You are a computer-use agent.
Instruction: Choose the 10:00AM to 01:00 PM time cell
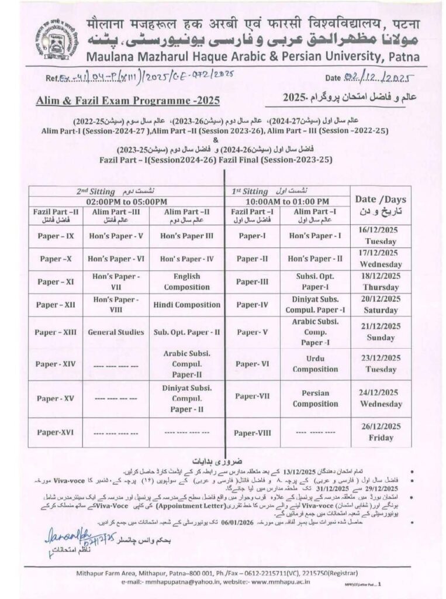click(x=288, y=201)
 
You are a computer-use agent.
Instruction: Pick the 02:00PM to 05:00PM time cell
click(x=126, y=201)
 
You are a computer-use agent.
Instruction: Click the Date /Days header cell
click(x=381, y=205)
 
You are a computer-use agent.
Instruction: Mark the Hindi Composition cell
click(x=186, y=305)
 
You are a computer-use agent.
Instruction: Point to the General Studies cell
click(x=116, y=332)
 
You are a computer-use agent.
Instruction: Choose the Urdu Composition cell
click(x=315, y=363)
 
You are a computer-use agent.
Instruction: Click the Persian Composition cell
click(x=315, y=398)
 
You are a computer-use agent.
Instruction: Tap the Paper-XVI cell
click(x=55, y=432)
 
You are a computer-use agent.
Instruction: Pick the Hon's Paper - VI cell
click(x=116, y=259)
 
